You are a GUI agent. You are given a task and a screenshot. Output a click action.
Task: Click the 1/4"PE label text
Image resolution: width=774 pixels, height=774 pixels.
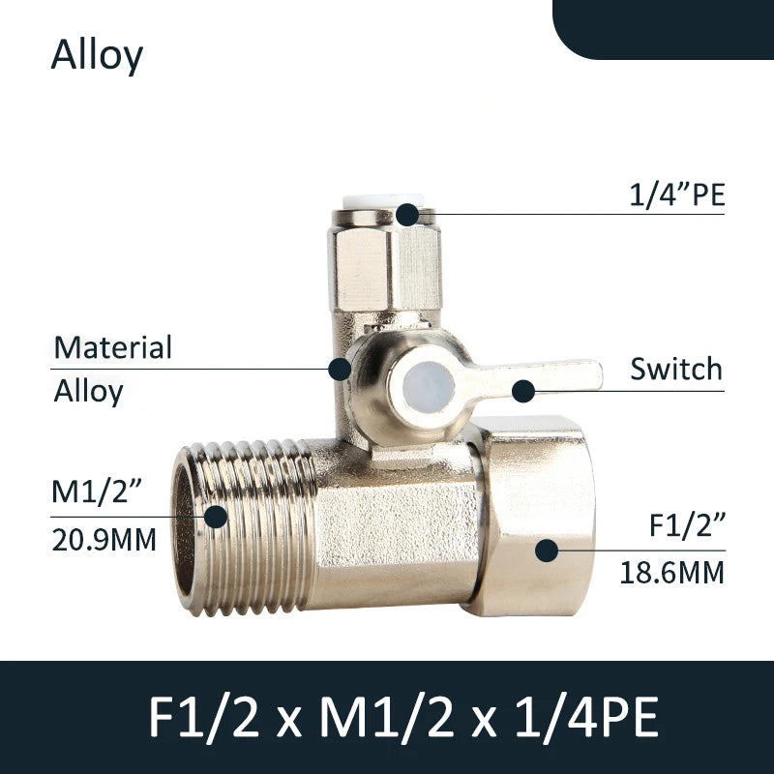[676, 194]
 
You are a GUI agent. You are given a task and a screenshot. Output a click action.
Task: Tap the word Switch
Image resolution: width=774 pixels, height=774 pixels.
[676, 369]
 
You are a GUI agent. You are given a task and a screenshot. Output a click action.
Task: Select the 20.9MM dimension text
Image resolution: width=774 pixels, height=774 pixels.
[104, 540]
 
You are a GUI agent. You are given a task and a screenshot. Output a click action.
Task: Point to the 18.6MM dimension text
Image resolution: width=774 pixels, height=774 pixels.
[672, 573]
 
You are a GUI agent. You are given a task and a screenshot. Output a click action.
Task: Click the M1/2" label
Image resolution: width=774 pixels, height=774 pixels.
[97, 491]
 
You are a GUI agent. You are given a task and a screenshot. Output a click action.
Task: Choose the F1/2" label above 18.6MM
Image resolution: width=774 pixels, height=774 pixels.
[687, 524]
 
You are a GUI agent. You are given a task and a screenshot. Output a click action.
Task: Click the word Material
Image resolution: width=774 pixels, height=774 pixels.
[112, 347]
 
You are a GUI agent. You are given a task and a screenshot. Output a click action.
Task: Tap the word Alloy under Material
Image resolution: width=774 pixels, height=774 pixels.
[88, 392]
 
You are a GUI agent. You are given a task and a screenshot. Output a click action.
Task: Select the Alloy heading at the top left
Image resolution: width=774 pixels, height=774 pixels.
[97, 55]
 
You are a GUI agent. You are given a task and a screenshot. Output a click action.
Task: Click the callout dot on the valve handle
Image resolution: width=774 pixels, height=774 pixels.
[523, 392]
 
